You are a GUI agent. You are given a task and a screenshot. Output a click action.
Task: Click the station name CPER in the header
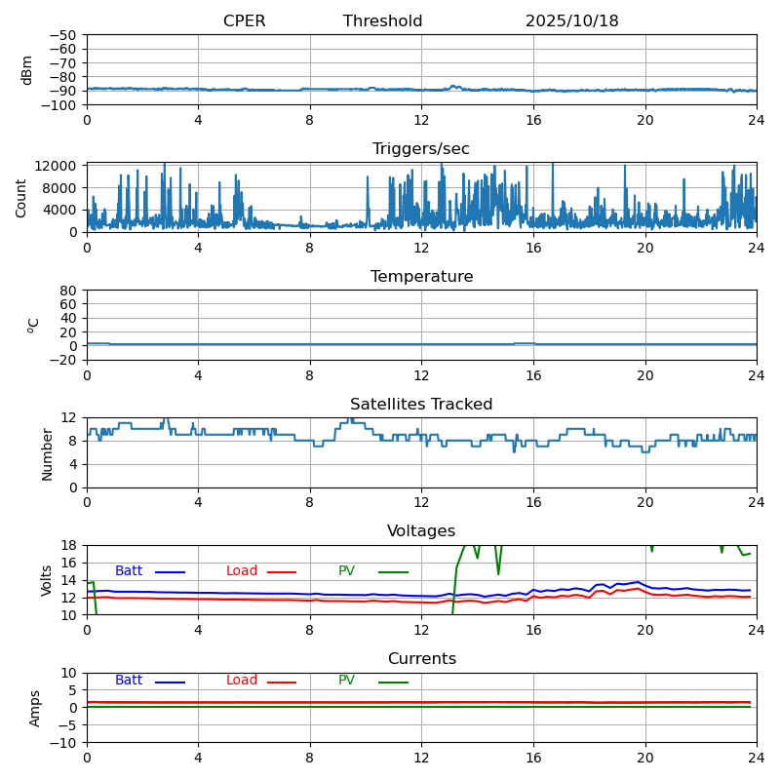(244, 21)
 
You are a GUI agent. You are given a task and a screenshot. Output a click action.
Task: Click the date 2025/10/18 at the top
(571, 21)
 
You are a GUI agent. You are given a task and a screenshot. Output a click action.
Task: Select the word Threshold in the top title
(382, 21)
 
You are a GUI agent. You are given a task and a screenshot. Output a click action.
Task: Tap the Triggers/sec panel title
(421, 149)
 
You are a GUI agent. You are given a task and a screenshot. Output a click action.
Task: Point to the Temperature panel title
(421, 277)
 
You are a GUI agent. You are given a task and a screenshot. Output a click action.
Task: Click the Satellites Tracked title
(421, 405)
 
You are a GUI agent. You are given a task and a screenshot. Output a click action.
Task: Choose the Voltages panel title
(421, 531)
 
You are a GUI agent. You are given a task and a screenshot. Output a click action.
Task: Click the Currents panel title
(421, 659)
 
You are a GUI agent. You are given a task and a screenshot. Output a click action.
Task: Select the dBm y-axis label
(27, 69)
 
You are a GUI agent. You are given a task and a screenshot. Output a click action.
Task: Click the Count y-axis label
(21, 197)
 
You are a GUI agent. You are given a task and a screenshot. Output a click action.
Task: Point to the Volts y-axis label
(47, 580)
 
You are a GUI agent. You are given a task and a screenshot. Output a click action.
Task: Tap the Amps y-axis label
(35, 708)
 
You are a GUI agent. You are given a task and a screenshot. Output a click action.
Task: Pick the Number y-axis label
(47, 453)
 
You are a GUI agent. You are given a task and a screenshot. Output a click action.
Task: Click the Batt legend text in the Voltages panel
(129, 571)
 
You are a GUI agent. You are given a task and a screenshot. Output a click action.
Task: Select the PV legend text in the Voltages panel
(347, 571)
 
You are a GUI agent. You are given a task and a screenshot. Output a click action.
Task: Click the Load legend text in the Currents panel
(241, 681)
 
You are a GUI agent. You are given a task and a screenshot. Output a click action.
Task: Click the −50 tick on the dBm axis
(63, 35)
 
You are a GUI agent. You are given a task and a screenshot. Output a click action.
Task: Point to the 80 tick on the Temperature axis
(70, 291)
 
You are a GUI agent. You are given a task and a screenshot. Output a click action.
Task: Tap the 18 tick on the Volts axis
(70, 545)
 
